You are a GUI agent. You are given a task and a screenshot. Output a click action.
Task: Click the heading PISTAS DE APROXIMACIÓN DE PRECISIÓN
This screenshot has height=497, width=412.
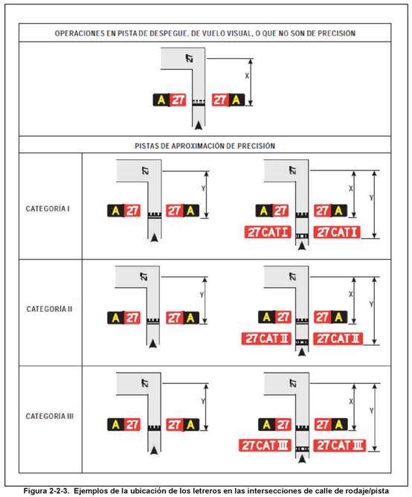pos(205,146)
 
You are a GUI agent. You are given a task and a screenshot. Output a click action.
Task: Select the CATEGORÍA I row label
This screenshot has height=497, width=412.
pos(48,208)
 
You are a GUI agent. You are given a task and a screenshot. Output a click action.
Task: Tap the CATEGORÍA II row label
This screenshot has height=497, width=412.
pos(49,309)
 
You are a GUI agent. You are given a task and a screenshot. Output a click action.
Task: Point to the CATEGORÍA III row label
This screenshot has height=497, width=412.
pos(49,416)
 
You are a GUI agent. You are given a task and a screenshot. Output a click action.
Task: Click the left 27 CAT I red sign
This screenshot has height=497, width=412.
pos(268,232)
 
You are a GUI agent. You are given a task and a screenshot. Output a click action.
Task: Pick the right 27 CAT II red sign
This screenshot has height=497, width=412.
pos(338,339)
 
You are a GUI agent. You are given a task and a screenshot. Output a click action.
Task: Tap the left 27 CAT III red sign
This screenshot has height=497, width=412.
pos(265,445)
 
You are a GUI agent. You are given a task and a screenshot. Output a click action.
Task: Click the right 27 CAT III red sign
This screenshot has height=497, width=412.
pos(339,445)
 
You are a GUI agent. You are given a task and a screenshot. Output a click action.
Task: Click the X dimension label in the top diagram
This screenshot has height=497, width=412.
pos(247,76)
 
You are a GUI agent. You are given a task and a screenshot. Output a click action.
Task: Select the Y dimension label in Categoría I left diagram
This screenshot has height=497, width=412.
pos(203,188)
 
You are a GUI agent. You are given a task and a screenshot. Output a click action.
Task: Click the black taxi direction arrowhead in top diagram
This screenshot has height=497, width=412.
pos(199,125)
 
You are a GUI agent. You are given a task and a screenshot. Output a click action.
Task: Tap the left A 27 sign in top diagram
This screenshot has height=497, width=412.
pos(170,100)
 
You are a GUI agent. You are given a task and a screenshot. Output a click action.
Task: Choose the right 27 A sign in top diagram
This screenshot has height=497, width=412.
pos(228,100)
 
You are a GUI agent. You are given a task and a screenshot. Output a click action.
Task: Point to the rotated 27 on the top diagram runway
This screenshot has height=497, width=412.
pos(190,58)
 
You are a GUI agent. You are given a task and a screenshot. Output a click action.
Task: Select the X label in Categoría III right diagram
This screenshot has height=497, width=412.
pos(351,401)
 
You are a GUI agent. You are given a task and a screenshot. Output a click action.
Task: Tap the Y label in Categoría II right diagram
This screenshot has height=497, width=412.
pos(371,304)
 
